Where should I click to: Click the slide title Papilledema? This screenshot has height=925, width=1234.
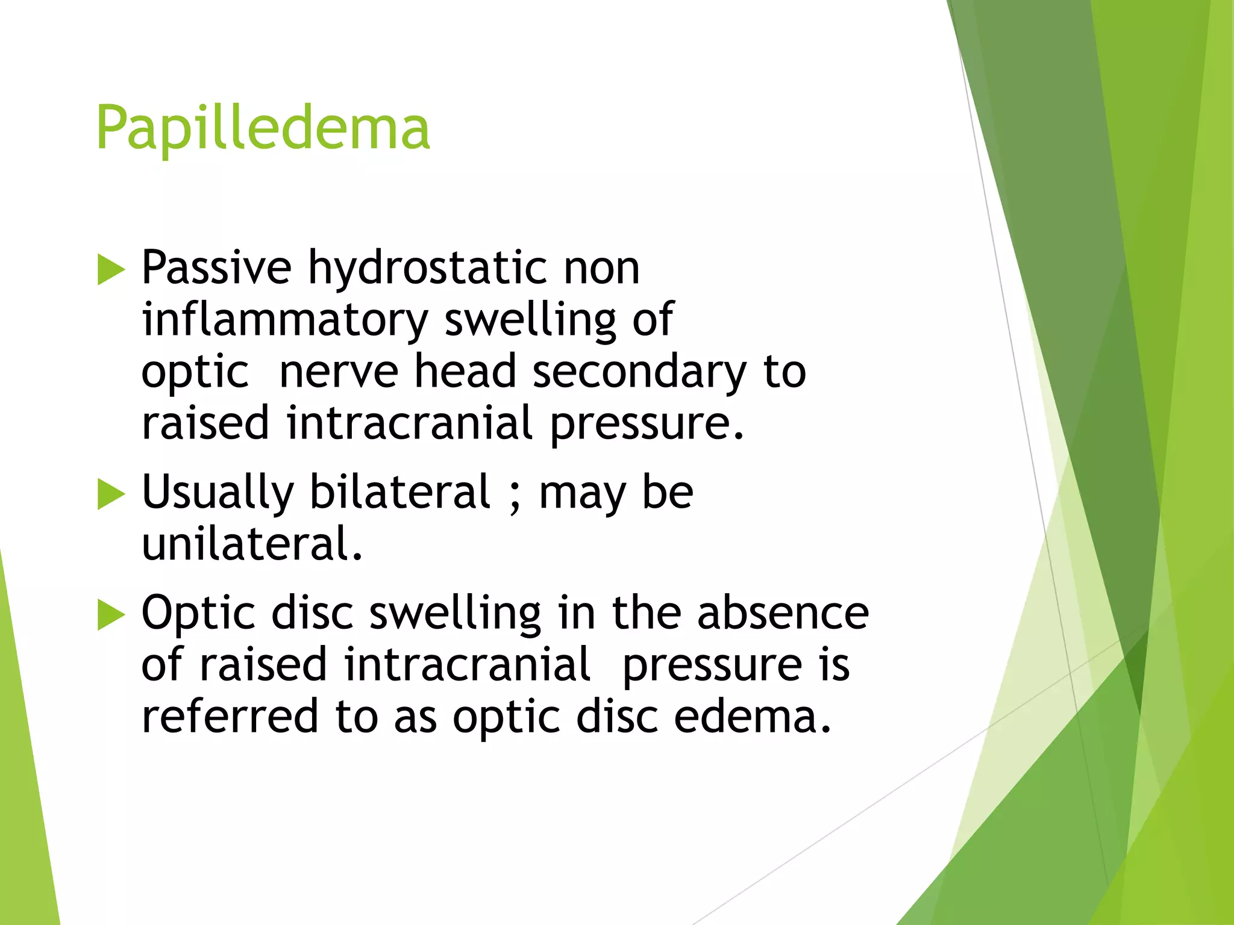pyautogui.click(x=263, y=128)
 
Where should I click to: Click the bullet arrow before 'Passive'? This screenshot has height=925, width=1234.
pyautogui.click(x=110, y=269)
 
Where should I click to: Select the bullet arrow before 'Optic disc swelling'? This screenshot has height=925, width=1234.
pyautogui.click(x=110, y=615)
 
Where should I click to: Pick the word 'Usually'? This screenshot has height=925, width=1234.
pyautogui.click(x=218, y=493)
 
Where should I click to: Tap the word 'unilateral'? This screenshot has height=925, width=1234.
pyautogui.click(x=251, y=543)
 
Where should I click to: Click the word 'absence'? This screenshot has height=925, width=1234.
pyautogui.click(x=783, y=612)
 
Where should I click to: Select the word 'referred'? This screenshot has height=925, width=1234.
pyautogui.click(x=230, y=716)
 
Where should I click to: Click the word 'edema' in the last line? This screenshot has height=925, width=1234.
pyautogui.click(x=752, y=716)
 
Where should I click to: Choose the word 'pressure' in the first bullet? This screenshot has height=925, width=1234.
pyautogui.click(x=647, y=424)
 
